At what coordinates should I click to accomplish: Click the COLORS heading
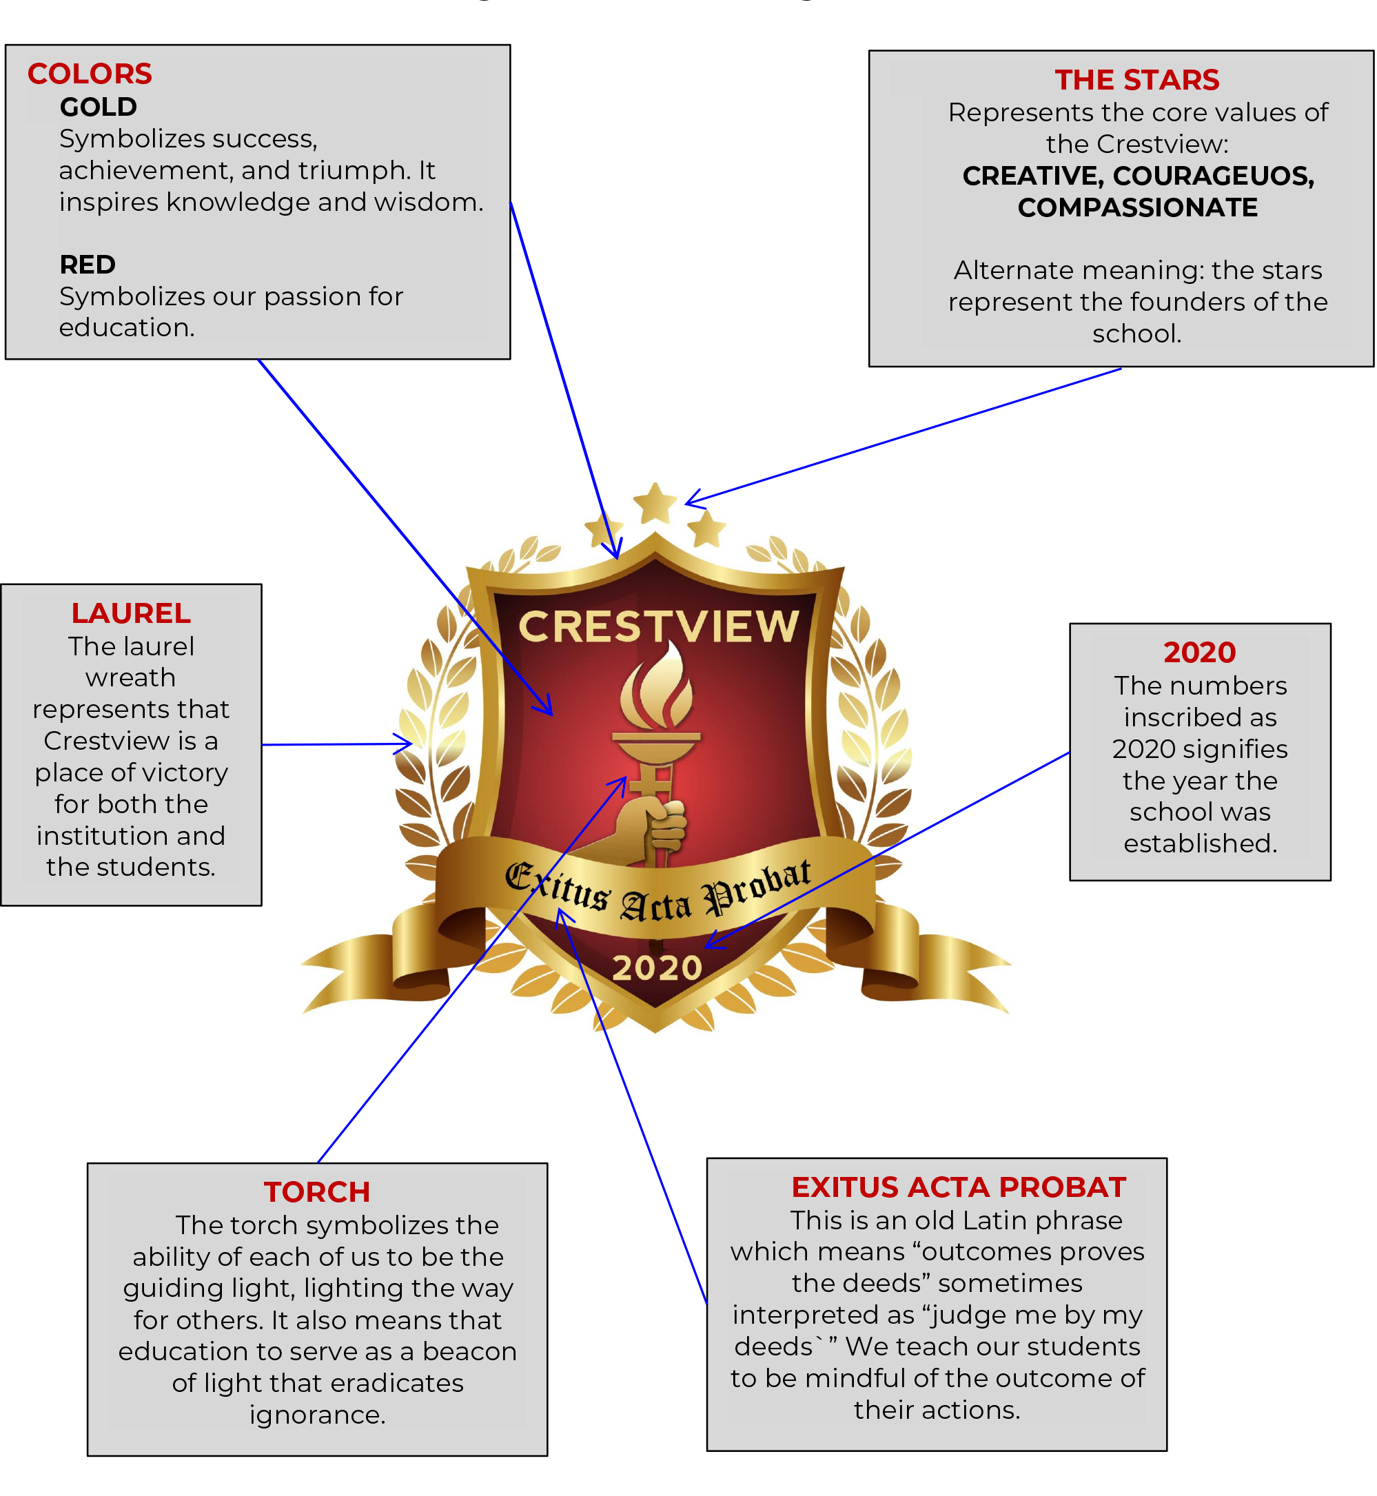click(x=90, y=74)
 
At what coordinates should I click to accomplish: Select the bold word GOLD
click(x=99, y=107)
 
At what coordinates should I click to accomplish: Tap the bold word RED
click(x=87, y=265)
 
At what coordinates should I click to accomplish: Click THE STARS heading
click(x=1136, y=80)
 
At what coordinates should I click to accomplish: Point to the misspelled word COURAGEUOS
click(x=1213, y=176)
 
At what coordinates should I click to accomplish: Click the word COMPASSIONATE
click(x=1137, y=207)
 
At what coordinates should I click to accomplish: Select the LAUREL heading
click(x=131, y=613)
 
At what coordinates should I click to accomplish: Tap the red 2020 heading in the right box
click(x=1199, y=652)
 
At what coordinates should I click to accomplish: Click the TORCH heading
click(x=316, y=1191)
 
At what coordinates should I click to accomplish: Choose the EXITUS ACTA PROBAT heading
click(x=957, y=1187)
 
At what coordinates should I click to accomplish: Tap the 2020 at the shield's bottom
click(x=657, y=967)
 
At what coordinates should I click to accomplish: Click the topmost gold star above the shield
click(x=655, y=503)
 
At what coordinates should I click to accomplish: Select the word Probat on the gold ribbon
click(x=757, y=887)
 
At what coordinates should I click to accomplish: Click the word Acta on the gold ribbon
click(x=655, y=905)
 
